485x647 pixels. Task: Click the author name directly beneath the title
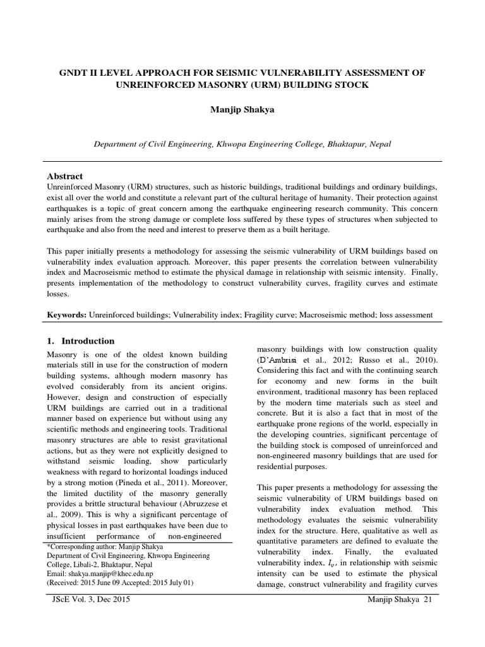coord(242,111)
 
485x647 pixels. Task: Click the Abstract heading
coord(65,176)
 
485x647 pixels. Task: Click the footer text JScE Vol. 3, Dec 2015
coord(91,616)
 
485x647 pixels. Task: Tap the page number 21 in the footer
coord(429,616)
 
